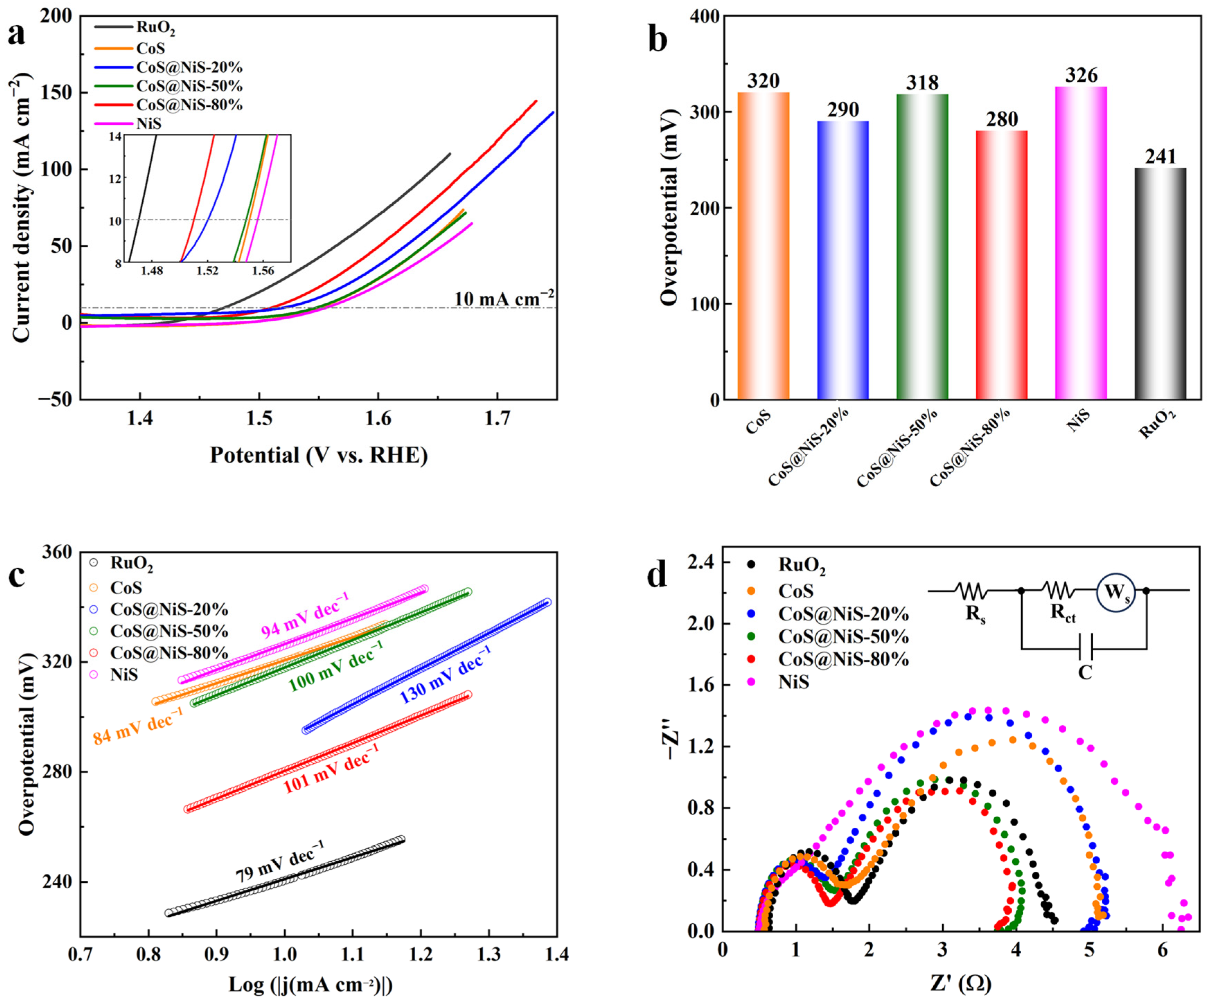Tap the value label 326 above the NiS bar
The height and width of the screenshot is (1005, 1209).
coord(1081,75)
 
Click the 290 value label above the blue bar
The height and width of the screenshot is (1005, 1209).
coord(843,109)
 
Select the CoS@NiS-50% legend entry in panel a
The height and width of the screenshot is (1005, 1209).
coord(189,86)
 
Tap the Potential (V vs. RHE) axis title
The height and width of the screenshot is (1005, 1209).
coord(318,455)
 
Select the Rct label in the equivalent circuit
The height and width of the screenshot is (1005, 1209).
coord(1063,614)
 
